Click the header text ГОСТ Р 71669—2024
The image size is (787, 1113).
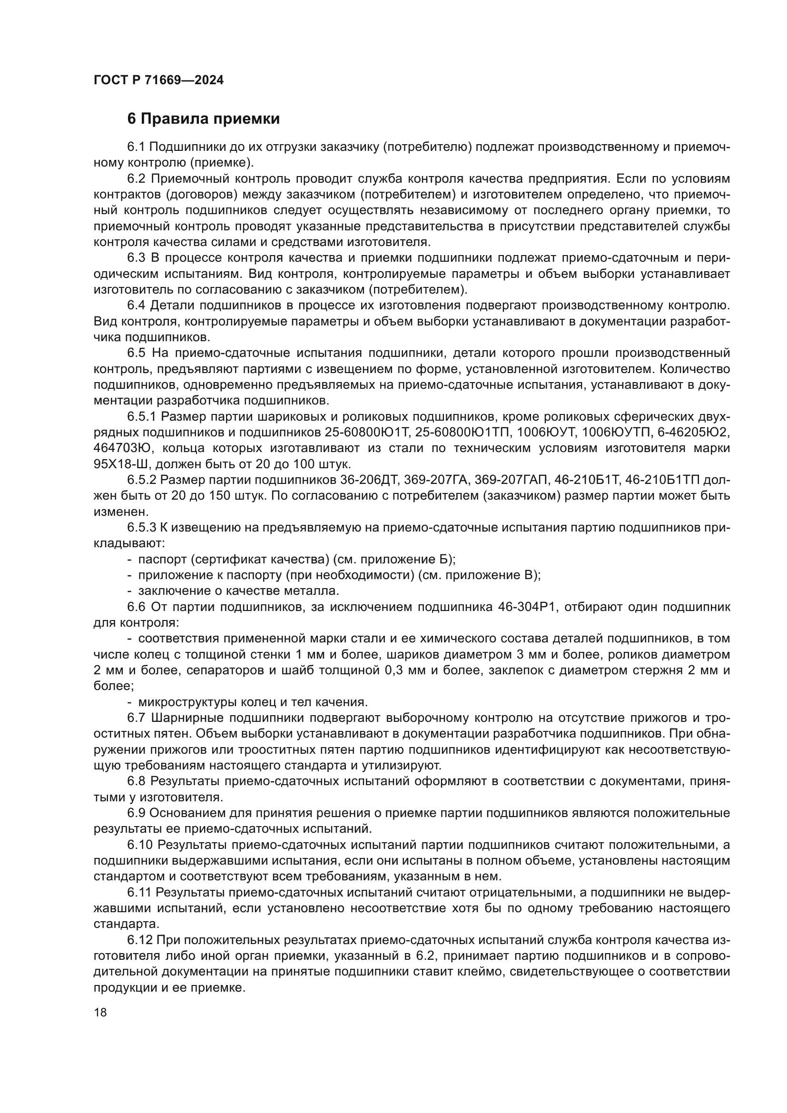[158, 80]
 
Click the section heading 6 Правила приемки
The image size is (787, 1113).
[203, 119]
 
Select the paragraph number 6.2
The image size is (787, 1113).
[136, 179]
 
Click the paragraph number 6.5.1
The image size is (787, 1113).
[141, 417]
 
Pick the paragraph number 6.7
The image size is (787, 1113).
[136, 718]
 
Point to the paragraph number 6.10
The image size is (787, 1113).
[140, 845]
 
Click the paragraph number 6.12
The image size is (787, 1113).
[140, 940]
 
